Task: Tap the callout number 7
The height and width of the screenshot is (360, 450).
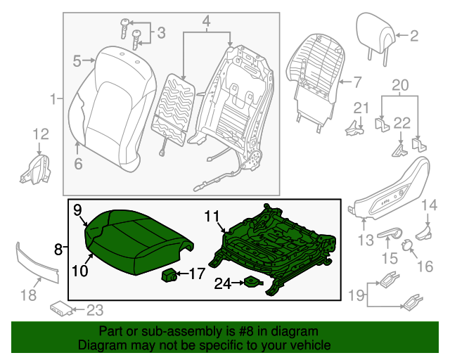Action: click(356, 82)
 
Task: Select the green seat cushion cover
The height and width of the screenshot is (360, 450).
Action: click(134, 239)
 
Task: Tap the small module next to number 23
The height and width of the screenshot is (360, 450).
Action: click(60, 307)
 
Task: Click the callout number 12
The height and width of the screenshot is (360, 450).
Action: click(40, 133)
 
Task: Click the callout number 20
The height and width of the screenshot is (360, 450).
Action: click(399, 86)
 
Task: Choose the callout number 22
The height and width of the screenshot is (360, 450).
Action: click(401, 123)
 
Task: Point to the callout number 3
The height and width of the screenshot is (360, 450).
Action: click(161, 32)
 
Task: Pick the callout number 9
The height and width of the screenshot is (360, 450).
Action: click(77, 209)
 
